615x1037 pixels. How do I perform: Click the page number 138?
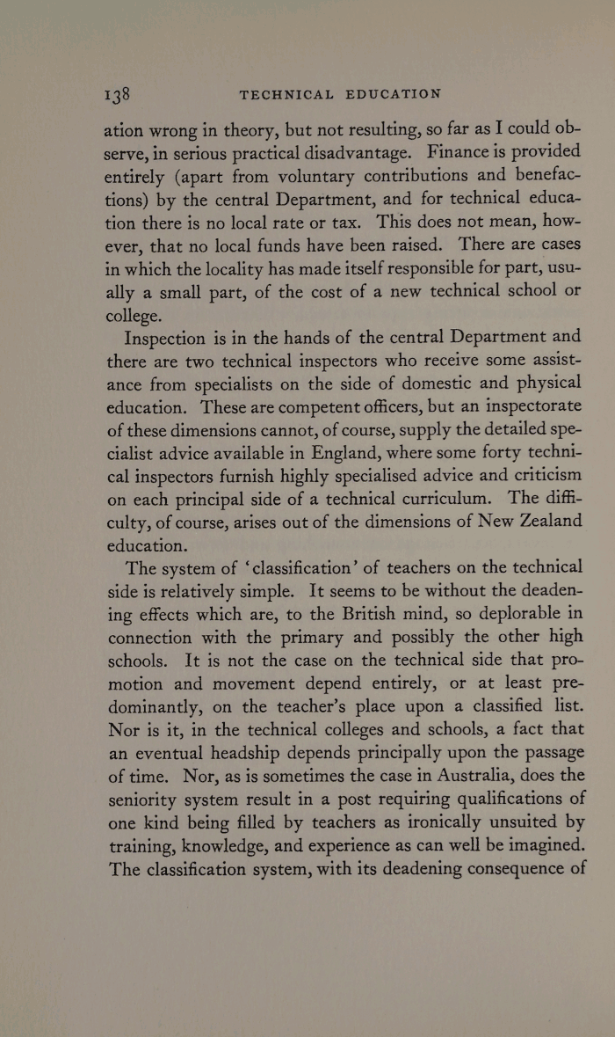(117, 94)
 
